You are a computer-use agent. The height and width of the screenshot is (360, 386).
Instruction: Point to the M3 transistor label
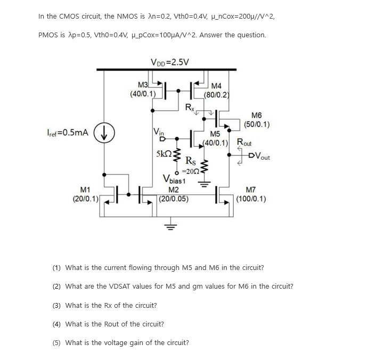143,85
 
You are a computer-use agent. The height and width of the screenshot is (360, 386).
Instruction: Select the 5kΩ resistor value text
163,154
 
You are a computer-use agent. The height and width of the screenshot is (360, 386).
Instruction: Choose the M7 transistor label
252,190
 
